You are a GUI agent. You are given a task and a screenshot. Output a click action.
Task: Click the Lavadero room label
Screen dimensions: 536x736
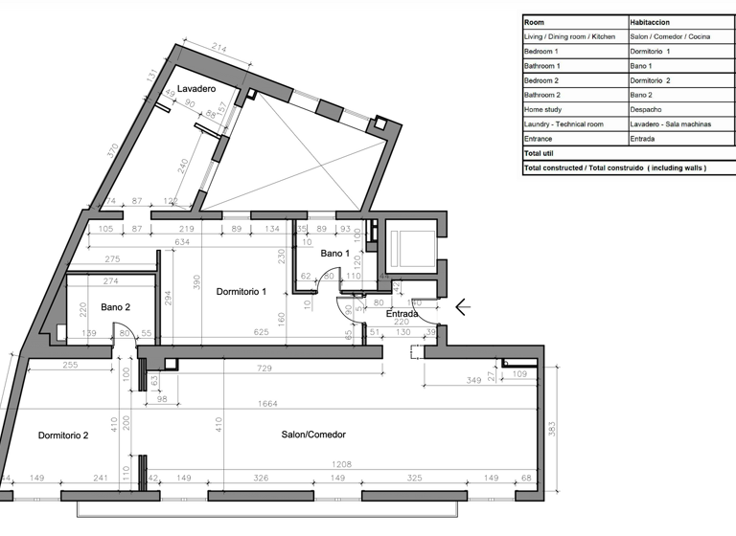point(195,88)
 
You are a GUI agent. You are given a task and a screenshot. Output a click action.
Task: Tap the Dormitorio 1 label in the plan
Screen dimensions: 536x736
point(241,291)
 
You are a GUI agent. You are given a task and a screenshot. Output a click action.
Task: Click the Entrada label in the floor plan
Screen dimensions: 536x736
point(402,313)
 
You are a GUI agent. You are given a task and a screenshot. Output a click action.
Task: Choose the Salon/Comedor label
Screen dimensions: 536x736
point(313,435)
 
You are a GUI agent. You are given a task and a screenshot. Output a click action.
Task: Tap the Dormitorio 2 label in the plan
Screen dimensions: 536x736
point(63,435)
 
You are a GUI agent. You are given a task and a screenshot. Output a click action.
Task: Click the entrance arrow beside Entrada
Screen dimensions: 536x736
point(462,307)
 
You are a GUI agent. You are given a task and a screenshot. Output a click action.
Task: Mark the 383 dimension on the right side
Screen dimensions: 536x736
point(551,431)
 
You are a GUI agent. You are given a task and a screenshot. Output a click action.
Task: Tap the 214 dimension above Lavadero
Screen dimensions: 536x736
point(219,48)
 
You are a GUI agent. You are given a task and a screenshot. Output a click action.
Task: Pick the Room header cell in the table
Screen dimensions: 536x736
point(535,21)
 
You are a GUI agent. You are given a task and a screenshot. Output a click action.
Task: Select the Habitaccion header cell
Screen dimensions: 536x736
point(649,21)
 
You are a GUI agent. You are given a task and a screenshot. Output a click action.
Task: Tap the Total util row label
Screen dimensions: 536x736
point(540,153)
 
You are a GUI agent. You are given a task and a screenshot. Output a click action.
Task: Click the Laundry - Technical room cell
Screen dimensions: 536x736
point(563,124)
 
